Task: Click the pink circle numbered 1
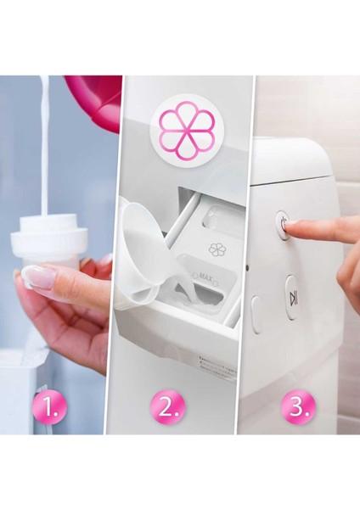tap(53, 408)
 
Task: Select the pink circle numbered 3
tap(298, 408)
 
